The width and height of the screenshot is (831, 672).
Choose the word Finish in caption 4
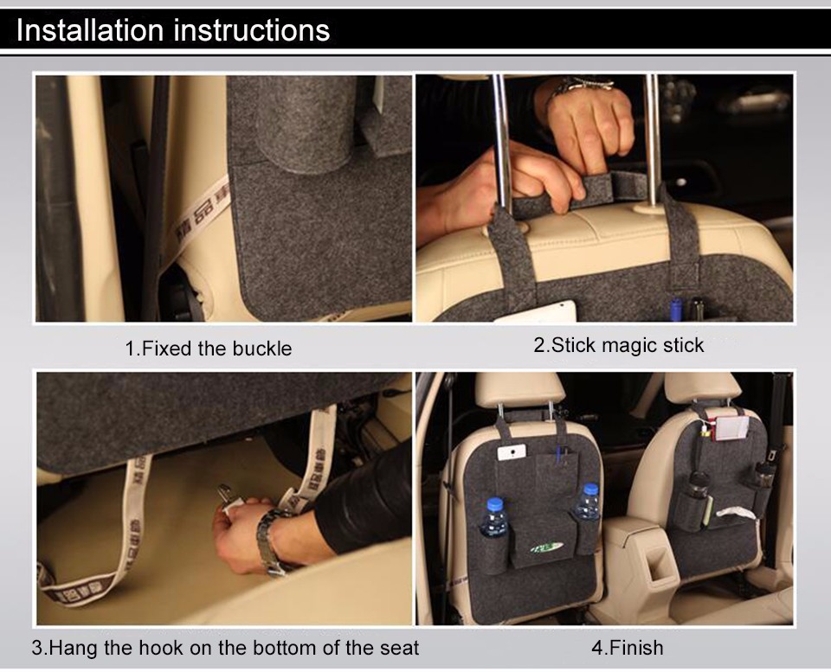pyautogui.click(x=635, y=648)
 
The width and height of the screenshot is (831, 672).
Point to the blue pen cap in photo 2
pyautogui.click(x=675, y=310)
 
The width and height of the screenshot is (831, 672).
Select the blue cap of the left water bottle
pyautogui.click(x=494, y=504)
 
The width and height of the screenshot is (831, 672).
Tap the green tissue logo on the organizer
pyautogui.click(x=546, y=548)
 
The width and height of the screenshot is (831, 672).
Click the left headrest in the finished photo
pyautogui.click(x=519, y=388)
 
